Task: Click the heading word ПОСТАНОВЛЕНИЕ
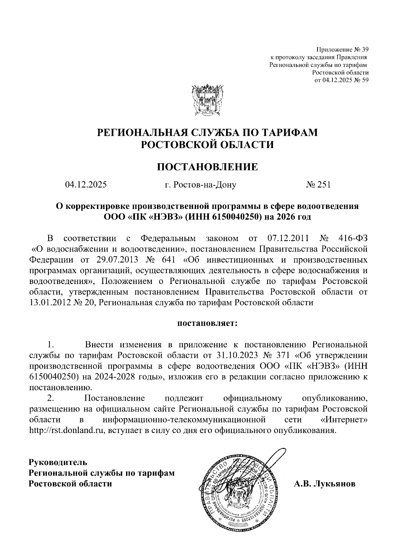click(x=207, y=167)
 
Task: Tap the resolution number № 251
click(x=318, y=185)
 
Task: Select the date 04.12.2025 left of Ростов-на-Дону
click(x=86, y=185)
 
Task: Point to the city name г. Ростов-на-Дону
click(x=200, y=185)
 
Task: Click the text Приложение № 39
click(x=342, y=50)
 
